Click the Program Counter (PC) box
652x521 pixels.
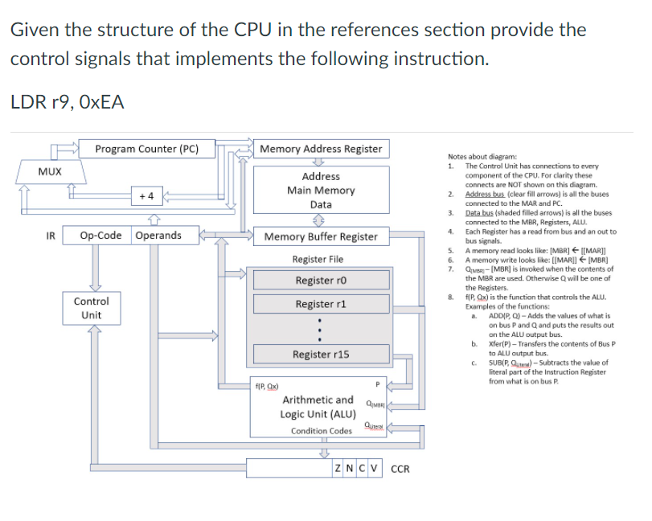(x=146, y=149)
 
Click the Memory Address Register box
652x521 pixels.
(x=321, y=149)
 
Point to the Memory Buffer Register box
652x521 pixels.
(x=321, y=236)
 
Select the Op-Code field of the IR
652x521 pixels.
(x=102, y=236)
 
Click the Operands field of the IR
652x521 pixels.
(x=158, y=236)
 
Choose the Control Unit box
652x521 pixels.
(x=92, y=308)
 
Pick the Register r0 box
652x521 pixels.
(x=321, y=281)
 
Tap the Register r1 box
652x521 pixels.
(x=321, y=304)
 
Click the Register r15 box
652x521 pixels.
(x=321, y=355)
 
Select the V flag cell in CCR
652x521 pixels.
(x=376, y=468)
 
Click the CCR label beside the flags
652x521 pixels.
(x=400, y=469)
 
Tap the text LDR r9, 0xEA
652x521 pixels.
(x=68, y=102)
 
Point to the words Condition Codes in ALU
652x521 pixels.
(x=322, y=431)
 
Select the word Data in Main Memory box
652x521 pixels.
(x=321, y=205)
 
